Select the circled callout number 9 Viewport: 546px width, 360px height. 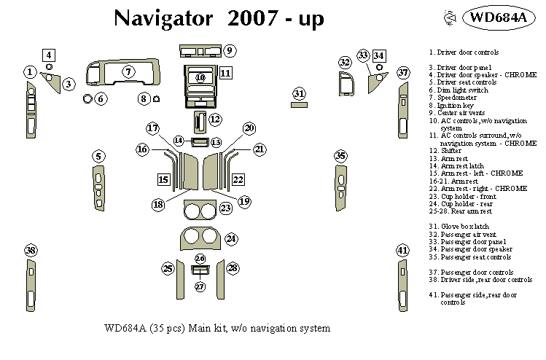tap(230, 50)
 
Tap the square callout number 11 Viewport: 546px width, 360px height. tap(225, 73)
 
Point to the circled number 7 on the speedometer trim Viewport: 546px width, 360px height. tap(128, 72)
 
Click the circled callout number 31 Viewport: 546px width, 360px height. tap(299, 93)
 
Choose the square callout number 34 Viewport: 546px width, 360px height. tap(379, 55)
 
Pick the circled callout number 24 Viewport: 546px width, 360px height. tap(231, 238)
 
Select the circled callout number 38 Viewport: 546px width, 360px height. tap(30, 251)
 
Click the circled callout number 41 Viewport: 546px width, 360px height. tap(402, 251)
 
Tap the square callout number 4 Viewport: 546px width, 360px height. tap(49, 55)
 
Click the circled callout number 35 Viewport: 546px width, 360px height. tap(340, 156)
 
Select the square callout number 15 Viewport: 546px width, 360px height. tap(164, 179)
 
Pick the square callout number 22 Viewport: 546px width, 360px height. tap(238, 179)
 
